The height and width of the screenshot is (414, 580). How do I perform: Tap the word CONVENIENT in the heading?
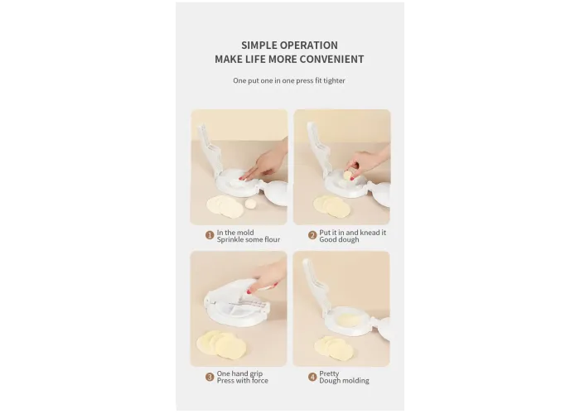[x=331, y=59]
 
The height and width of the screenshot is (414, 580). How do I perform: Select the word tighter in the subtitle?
[x=334, y=80]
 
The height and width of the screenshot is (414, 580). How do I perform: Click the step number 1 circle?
[x=210, y=235]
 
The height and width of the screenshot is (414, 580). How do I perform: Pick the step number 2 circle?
[x=312, y=235]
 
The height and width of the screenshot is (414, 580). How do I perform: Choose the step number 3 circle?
[x=210, y=377]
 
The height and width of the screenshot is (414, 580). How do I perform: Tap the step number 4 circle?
[x=312, y=377]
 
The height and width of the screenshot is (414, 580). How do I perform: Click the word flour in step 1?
[x=273, y=239]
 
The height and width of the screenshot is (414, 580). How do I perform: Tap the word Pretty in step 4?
[x=329, y=373]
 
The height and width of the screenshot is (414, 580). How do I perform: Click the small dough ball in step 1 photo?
[x=251, y=203]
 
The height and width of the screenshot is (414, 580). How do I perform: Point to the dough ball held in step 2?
[x=348, y=175]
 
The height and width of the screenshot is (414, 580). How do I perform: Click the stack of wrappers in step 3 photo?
[x=221, y=344]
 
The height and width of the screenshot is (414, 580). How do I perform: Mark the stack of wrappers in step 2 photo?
[x=331, y=206]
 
